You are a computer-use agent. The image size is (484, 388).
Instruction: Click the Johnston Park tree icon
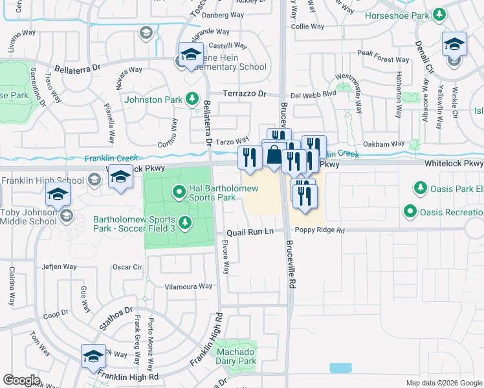click(192, 99)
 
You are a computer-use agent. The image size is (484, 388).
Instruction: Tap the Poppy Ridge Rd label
click(319, 230)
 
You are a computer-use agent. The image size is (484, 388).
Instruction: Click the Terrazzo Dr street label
click(245, 94)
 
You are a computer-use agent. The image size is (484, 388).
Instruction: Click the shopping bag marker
click(274, 155)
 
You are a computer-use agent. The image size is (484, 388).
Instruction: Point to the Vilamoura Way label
click(188, 286)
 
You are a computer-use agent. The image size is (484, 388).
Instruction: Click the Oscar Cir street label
click(127, 266)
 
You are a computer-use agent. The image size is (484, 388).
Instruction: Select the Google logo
click(21, 380)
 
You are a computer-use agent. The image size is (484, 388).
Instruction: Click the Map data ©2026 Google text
click(443, 383)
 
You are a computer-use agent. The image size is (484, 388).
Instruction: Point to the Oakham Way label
click(383, 144)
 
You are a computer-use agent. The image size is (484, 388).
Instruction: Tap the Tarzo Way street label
click(232, 141)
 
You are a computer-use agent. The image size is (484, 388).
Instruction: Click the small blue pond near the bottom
click(341, 368)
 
